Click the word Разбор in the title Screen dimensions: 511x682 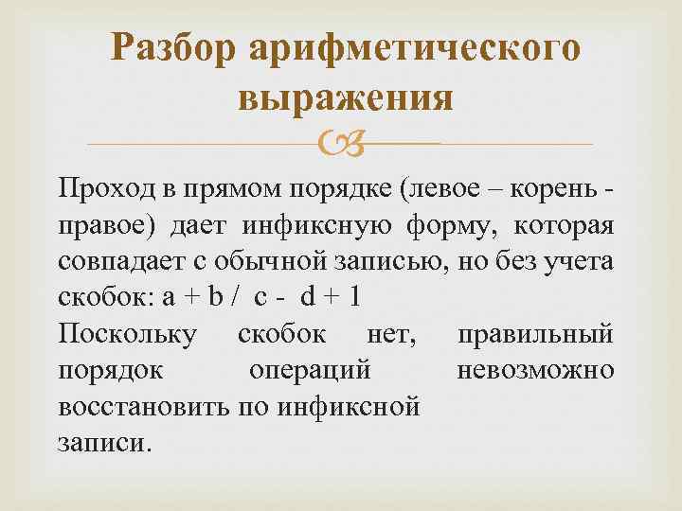pyautogui.click(x=175, y=48)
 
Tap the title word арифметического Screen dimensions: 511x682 pyautogui.click(x=414, y=48)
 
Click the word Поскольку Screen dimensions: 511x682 pyautogui.click(x=127, y=335)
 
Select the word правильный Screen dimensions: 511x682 pyautogui.click(x=535, y=335)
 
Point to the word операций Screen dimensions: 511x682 pyautogui.click(x=310, y=370)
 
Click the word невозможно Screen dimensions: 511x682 pyautogui.click(x=535, y=370)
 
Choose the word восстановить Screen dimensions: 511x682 pyautogui.click(x=138, y=409)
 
